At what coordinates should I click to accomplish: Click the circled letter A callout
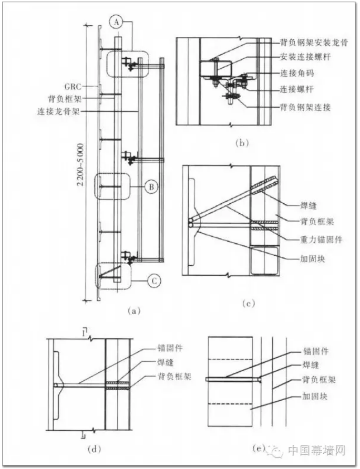[116, 22]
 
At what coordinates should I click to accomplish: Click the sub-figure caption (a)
[133, 311]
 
